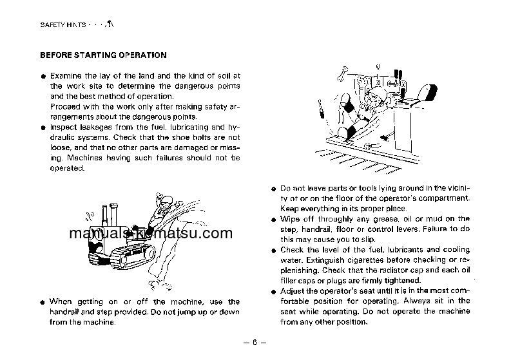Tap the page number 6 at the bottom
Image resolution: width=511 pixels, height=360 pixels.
255,342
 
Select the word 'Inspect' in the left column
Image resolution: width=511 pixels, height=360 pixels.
63,127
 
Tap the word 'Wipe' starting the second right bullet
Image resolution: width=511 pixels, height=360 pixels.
289,219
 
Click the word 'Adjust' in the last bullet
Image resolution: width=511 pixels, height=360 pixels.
292,291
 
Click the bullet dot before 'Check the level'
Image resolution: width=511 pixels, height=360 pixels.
273,250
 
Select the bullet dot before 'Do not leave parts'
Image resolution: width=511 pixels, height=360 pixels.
273,188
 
